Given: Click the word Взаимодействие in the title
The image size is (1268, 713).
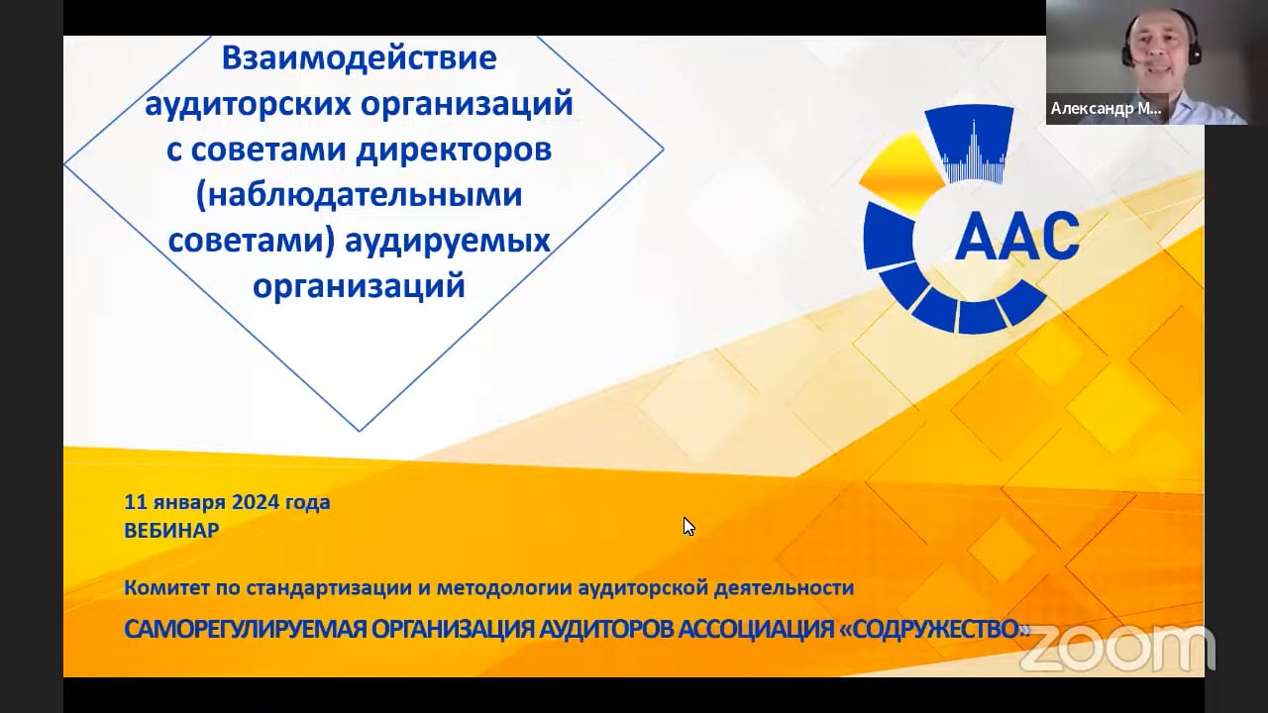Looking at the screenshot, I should (359, 57).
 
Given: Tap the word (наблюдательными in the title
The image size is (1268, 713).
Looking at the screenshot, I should (359, 194).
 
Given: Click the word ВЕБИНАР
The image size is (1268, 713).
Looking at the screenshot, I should (171, 531).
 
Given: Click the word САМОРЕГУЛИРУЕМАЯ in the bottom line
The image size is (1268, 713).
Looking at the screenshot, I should (245, 630).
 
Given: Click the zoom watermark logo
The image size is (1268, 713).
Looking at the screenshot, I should (1117, 648).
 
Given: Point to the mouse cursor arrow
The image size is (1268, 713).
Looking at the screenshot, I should (687, 525).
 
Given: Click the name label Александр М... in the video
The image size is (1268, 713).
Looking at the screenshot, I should (1107, 109).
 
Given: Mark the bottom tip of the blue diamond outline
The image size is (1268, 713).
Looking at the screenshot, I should (360, 431).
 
